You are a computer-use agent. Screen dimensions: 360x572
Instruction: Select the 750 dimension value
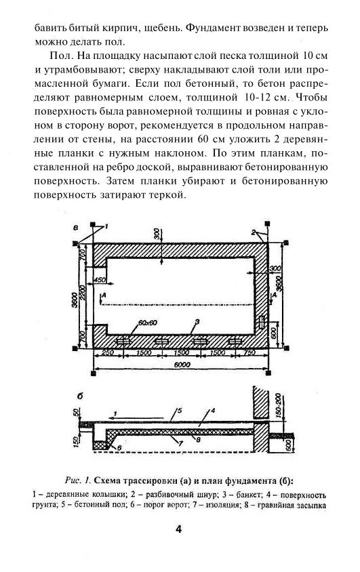(x=249, y=353)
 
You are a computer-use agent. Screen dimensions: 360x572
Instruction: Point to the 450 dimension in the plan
(x=99, y=280)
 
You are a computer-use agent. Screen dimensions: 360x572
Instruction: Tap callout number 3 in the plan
(x=197, y=322)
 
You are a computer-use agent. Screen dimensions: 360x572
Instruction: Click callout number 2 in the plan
(x=252, y=232)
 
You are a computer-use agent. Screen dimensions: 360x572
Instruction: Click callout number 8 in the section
(x=198, y=440)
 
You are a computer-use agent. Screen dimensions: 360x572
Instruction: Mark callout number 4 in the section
(x=213, y=411)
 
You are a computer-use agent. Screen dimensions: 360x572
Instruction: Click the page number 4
(x=179, y=529)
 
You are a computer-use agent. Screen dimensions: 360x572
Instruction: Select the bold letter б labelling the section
(x=79, y=396)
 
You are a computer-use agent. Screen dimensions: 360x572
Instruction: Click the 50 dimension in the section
(x=76, y=413)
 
